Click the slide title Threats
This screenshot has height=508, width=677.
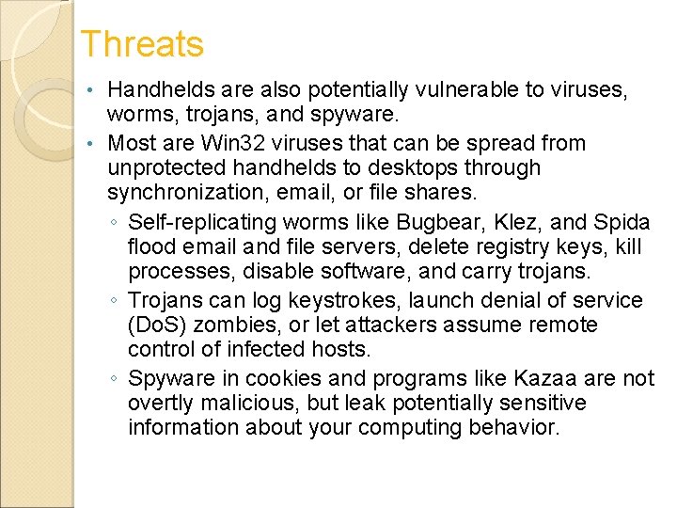point(141,44)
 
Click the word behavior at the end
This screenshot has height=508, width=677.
point(512,428)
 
